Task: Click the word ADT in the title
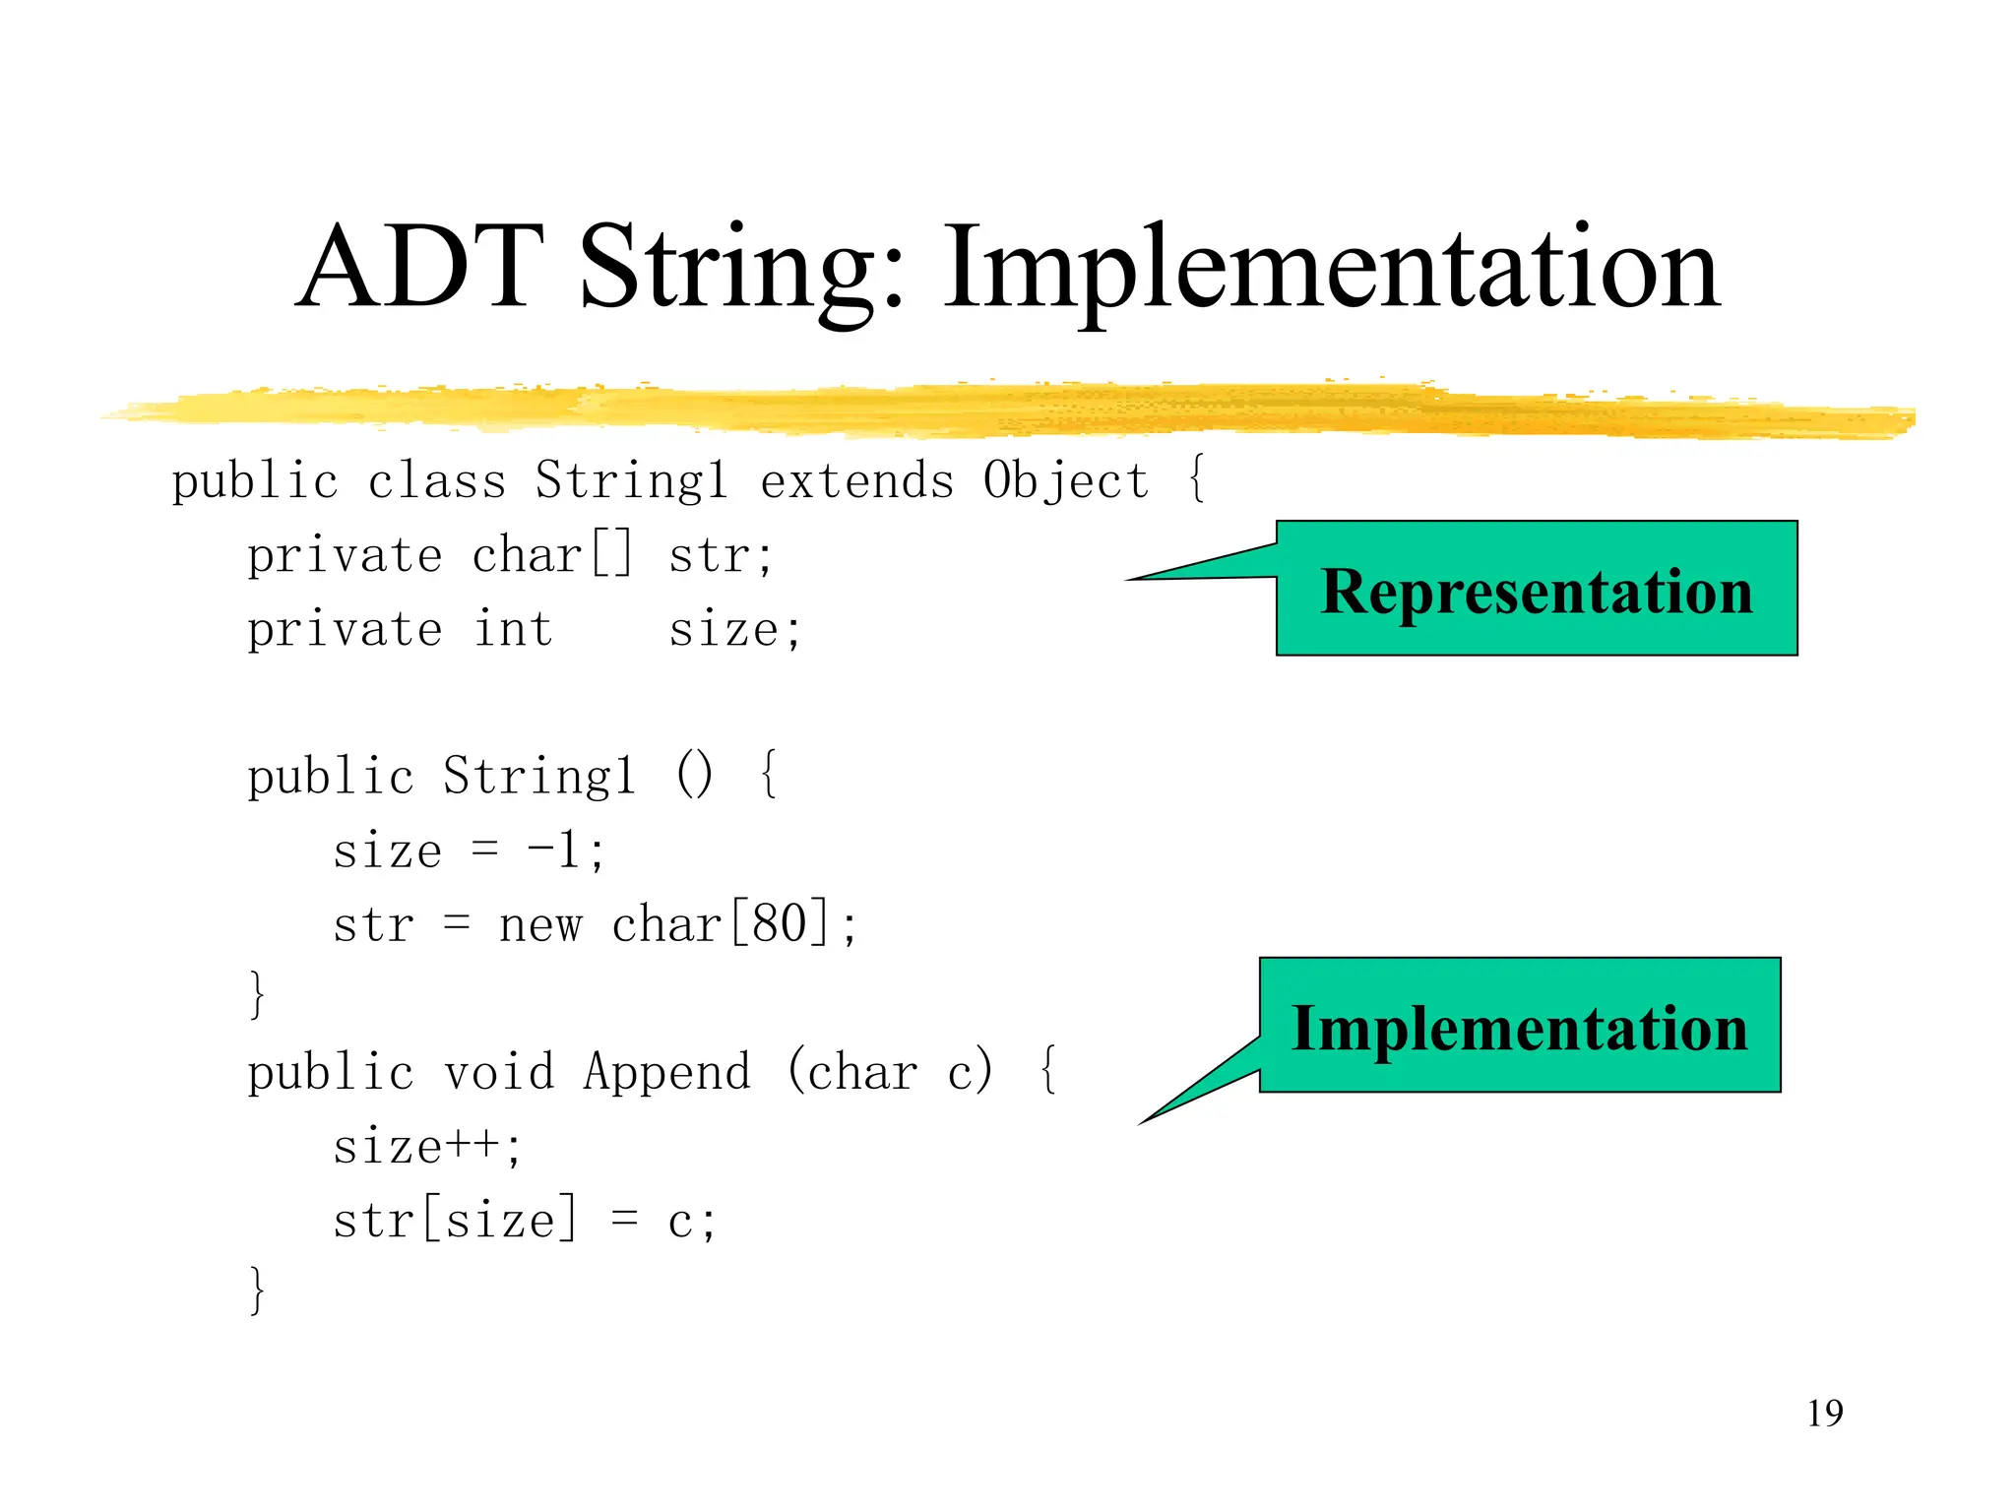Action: click(x=420, y=268)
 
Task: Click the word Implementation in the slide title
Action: click(x=1331, y=268)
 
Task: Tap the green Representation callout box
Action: click(x=1536, y=590)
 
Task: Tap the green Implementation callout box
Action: click(x=1519, y=1027)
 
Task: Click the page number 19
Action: click(x=1824, y=1414)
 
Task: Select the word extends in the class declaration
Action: click(x=856, y=481)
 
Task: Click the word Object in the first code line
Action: click(x=1065, y=481)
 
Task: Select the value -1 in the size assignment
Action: click(x=554, y=850)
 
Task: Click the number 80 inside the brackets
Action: click(x=779, y=923)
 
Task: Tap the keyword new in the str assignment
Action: click(x=540, y=925)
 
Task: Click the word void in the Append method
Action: click(x=498, y=1072)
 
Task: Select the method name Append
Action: click(x=666, y=1072)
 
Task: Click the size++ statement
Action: click(x=425, y=1147)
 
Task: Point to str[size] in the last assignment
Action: click(x=454, y=1221)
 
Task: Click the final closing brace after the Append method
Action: click(x=257, y=1291)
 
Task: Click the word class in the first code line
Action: click(x=436, y=481)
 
